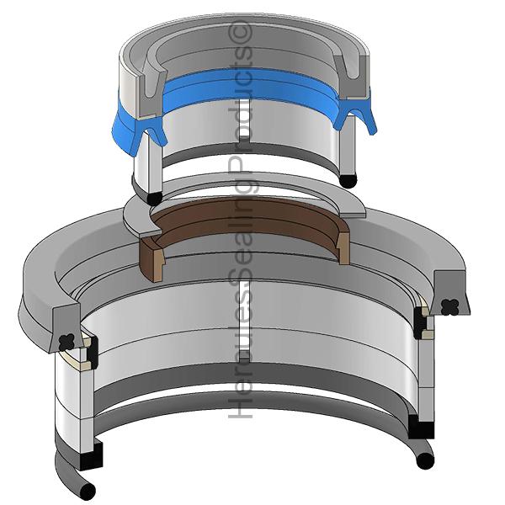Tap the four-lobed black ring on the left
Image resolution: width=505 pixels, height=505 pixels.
tap(67, 343)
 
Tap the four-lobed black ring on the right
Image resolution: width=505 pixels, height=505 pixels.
tap(450, 307)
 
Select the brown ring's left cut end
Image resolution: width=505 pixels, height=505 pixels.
tap(152, 257)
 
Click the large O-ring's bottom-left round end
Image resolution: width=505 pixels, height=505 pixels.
tap(88, 492)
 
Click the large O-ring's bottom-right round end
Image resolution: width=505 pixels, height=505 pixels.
tap(425, 461)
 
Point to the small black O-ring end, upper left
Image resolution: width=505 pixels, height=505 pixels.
tap(154, 199)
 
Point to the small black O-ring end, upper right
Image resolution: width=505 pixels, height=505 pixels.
tap(348, 181)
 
